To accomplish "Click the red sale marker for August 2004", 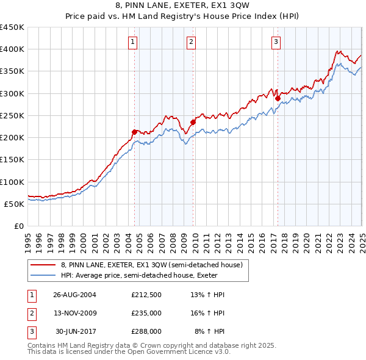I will point(135,131).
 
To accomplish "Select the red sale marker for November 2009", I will point(193,121).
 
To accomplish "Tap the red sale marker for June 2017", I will point(278,98).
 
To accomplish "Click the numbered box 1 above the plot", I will point(132,42).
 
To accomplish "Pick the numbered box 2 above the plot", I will point(191,42).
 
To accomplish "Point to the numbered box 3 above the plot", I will point(276,42).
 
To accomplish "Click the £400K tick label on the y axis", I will point(12,49).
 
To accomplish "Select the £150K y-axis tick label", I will point(12,160).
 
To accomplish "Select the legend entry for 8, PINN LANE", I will point(152,265).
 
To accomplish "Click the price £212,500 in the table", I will point(146,295).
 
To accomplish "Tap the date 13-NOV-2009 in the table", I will point(75,313).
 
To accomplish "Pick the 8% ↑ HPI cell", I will point(209,331).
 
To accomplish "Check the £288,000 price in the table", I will point(146,331).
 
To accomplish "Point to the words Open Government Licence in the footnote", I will point(186,352).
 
